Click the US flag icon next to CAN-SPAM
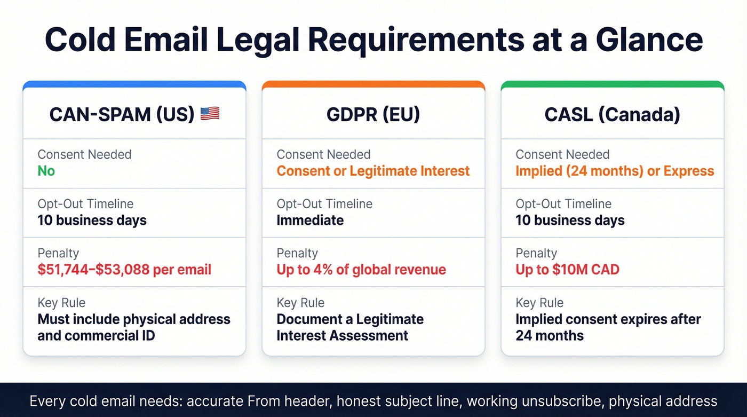[210, 114]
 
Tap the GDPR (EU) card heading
[373, 114]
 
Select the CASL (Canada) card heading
[612, 114]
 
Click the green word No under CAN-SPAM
[46, 171]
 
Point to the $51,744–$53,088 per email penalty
[124, 269]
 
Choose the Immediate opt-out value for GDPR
[310, 220]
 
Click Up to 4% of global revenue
[361, 269]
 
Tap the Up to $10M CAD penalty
[567, 269]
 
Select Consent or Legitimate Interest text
[373, 171]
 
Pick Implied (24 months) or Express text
[615, 171]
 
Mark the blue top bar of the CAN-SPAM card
[134, 84]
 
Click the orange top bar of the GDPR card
[373, 84]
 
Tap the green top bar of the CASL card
[613, 84]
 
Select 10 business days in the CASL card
[570, 220]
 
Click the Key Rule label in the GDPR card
[300, 303]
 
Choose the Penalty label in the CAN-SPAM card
[58, 253]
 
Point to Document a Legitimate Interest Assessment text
[350, 327]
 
